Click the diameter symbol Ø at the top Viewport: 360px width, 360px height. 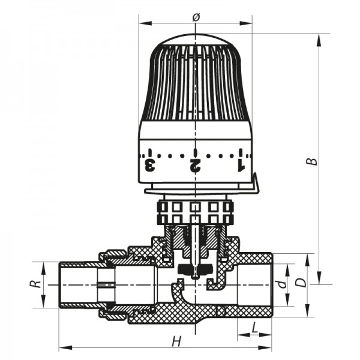click(x=196, y=17)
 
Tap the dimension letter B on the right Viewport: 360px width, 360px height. click(x=310, y=161)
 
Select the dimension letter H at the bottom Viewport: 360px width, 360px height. click(x=176, y=341)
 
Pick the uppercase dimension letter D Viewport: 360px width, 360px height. click(x=303, y=281)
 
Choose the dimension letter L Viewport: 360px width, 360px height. click(x=255, y=328)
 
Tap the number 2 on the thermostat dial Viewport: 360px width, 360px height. click(x=194, y=164)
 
